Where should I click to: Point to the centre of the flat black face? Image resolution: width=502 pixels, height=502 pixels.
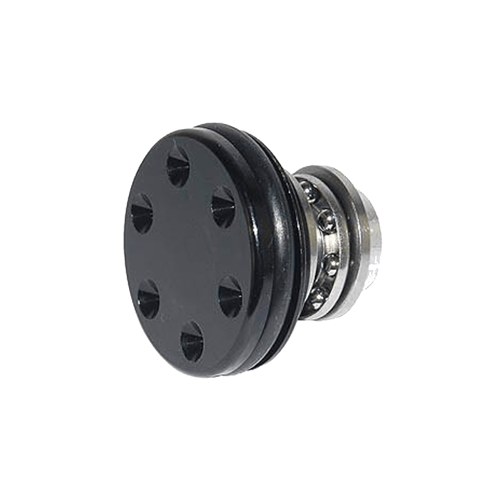(184, 251)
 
